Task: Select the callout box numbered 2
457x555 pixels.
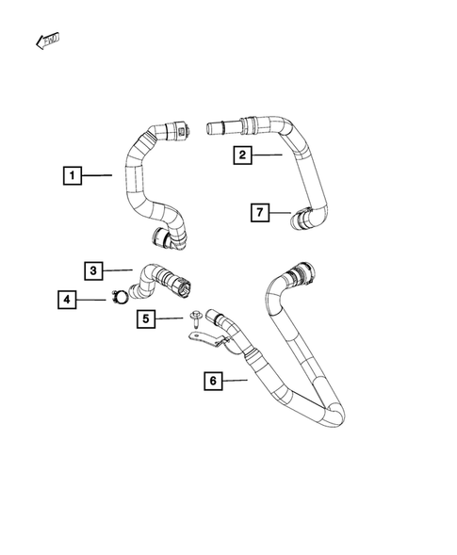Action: pyautogui.click(x=242, y=155)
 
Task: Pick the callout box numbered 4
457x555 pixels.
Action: pyautogui.click(x=67, y=301)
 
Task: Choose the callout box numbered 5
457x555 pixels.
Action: pyautogui.click(x=146, y=319)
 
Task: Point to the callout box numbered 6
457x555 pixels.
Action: pyautogui.click(x=214, y=381)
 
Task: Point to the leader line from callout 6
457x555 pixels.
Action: pyautogui.click(x=236, y=381)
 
